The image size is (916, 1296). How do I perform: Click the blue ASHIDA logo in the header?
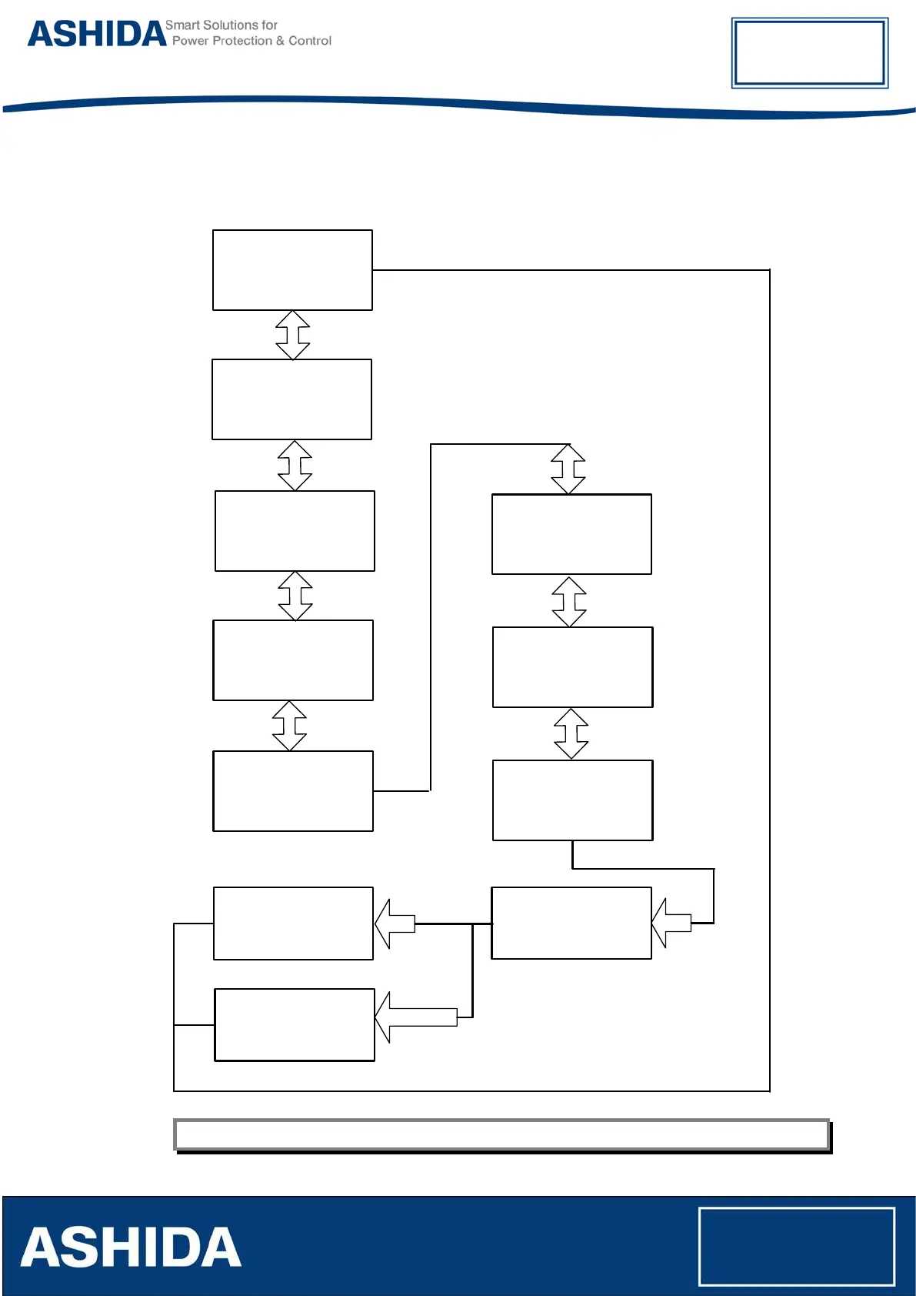coord(97,34)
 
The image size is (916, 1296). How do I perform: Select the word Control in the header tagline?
coord(310,41)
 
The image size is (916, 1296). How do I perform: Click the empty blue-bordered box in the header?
coord(809,52)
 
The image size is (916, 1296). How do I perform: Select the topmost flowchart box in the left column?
coord(292,270)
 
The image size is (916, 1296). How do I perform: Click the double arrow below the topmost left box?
coord(293,335)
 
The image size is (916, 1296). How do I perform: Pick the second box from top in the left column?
coord(291,399)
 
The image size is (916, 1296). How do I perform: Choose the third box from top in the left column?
coord(295,531)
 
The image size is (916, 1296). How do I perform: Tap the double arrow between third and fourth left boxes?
coord(295,596)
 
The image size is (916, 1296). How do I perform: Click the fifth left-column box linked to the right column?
coord(293,791)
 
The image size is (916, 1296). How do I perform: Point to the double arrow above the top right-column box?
coord(568,469)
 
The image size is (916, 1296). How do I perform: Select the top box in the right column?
coord(571,534)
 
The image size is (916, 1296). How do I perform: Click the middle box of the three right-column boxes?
coord(572,667)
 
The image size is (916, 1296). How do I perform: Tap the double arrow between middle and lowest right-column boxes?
coord(571,733)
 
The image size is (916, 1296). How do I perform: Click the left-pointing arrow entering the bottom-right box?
coord(671,923)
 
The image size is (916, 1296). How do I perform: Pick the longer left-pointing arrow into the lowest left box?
coord(416,1017)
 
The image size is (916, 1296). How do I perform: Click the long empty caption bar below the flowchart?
coord(501,1134)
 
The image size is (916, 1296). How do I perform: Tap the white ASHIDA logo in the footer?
coord(131,1248)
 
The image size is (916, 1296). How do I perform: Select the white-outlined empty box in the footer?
coord(796,1246)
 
